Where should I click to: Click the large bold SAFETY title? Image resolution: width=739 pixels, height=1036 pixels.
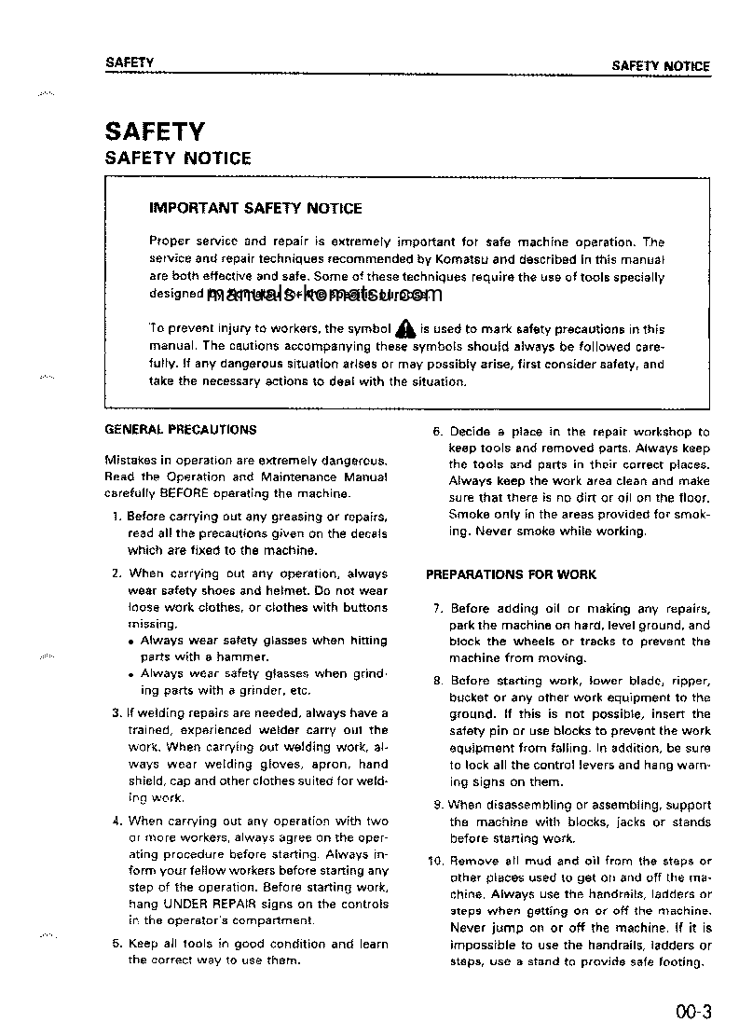coord(155,131)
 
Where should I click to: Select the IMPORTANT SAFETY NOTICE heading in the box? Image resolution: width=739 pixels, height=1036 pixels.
coord(255,209)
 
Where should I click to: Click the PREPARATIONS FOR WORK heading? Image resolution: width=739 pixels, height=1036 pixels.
coord(511,574)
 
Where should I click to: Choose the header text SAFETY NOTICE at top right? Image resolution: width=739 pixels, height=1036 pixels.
coord(660,66)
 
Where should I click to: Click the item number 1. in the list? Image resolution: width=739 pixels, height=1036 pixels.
coord(116,516)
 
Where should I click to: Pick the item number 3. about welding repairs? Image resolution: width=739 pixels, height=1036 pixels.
coord(116,713)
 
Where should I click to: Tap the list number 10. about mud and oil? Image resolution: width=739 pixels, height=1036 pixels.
coord(435,861)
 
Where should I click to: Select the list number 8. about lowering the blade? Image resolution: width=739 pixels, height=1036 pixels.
coord(437,681)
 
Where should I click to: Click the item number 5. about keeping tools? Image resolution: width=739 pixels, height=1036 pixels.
coord(116,944)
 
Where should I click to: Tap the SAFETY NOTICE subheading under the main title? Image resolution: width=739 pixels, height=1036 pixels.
coord(178,159)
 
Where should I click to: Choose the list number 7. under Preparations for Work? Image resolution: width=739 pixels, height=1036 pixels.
coord(437,608)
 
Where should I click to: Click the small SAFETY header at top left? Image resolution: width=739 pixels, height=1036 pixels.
coord(130,62)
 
